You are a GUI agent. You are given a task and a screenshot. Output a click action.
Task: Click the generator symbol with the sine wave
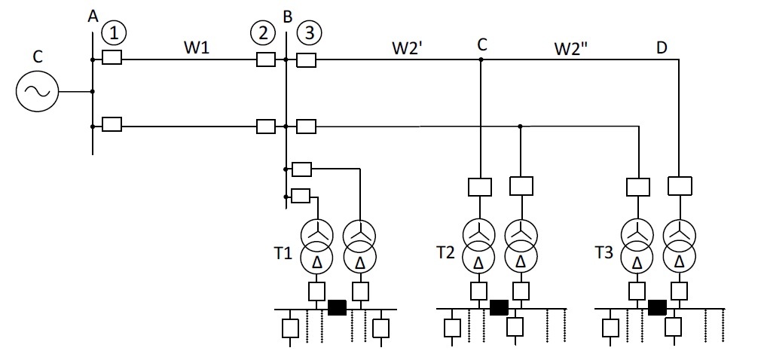coord(37,91)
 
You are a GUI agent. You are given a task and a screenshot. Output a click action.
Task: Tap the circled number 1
coord(114,33)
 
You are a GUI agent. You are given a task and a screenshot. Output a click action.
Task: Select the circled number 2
coord(263,33)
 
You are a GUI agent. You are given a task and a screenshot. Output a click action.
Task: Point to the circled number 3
coord(310,33)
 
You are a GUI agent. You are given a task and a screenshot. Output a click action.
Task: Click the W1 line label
coord(197,47)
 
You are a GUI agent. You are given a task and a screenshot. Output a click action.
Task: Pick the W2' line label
coord(406,47)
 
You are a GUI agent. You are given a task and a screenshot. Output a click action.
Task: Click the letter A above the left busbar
coord(93,17)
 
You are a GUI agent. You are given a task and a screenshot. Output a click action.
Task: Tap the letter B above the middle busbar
coord(288,17)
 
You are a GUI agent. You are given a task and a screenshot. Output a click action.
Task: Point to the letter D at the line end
coord(662,47)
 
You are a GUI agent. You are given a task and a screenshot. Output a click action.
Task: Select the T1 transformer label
coord(283,253)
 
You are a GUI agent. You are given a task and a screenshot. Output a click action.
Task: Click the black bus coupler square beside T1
coord(337,308)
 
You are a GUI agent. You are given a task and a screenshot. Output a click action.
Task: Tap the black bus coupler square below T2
coord(499,308)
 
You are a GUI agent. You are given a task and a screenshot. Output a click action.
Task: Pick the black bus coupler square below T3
coord(657,308)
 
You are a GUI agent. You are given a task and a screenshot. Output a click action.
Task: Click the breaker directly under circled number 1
coord(112,59)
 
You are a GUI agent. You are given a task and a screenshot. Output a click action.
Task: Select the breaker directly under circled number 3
coord(307,60)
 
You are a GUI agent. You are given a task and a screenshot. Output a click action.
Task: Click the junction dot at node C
coord(481,59)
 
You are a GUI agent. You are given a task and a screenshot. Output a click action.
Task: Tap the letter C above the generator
coord(38,56)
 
